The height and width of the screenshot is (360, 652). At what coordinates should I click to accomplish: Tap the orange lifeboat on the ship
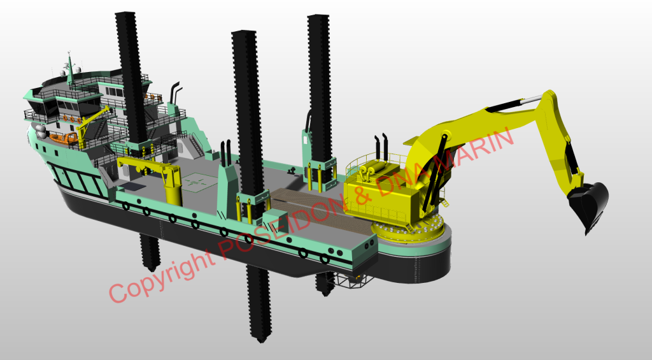pos(64,138)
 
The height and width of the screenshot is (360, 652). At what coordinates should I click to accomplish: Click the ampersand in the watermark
pos(364,195)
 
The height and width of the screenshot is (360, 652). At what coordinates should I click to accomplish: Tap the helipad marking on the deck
pos(199,182)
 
